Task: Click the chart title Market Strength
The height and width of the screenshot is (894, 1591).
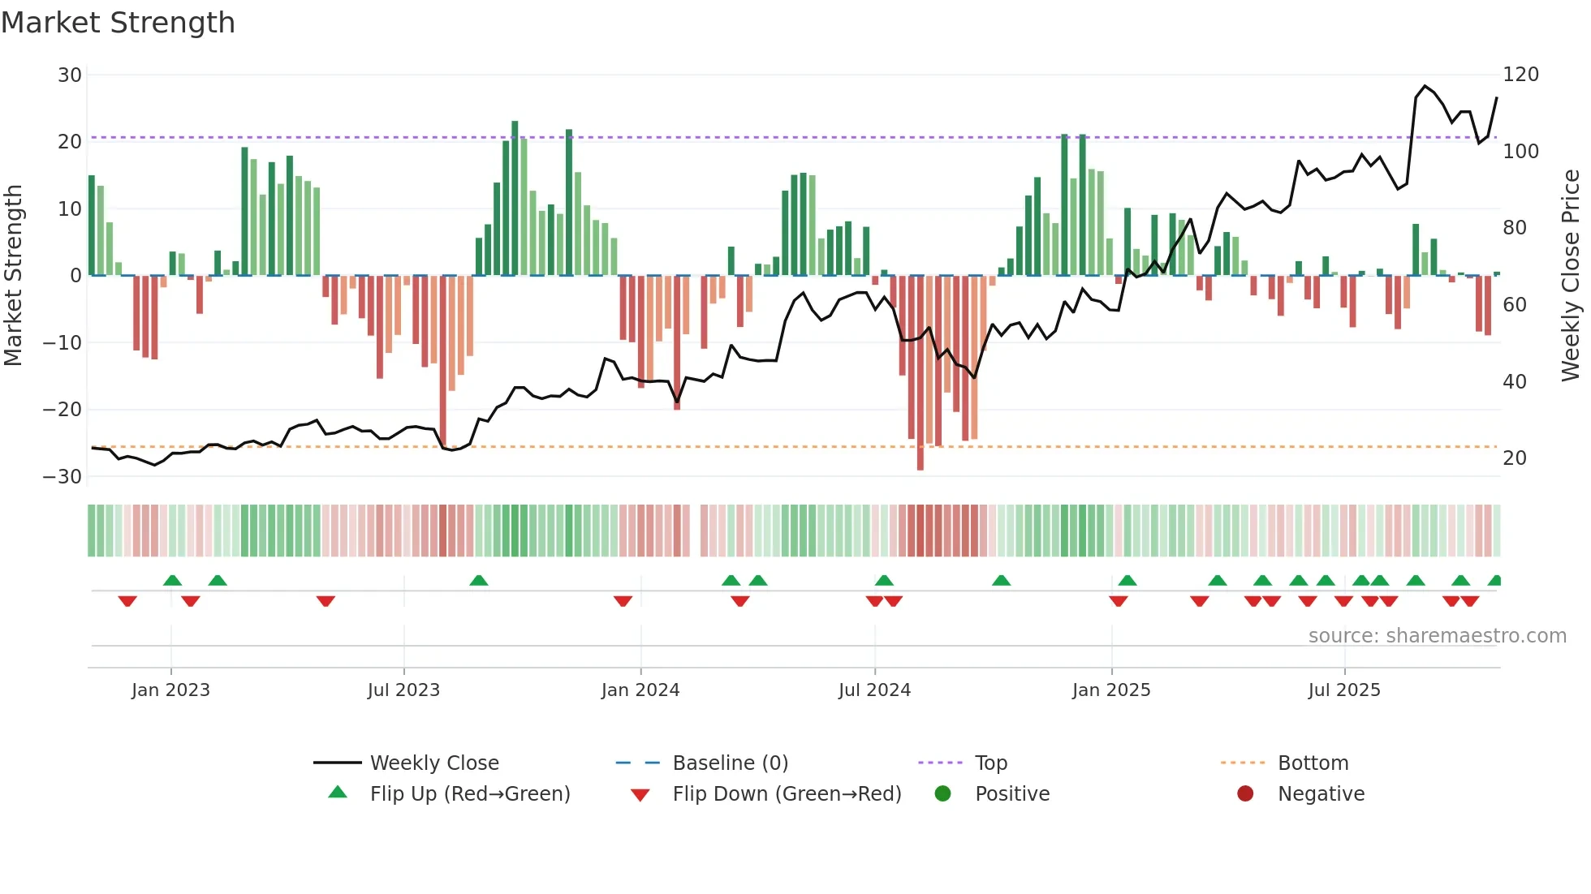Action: tap(118, 23)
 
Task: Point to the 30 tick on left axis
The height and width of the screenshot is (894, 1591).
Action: tap(70, 75)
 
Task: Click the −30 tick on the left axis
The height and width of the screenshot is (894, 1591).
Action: tap(63, 477)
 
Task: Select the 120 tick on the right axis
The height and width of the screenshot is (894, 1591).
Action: tap(1520, 75)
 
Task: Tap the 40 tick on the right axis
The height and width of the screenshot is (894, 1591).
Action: tap(1514, 381)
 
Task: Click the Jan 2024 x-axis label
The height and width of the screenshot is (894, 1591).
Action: tap(640, 690)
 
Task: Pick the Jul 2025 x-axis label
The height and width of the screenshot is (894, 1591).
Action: tap(1343, 690)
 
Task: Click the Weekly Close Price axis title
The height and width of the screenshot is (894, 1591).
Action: tap(1571, 276)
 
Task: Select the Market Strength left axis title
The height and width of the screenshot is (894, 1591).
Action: tap(14, 276)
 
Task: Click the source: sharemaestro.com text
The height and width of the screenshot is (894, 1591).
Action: tap(1437, 636)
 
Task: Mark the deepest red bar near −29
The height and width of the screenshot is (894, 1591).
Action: tap(920, 373)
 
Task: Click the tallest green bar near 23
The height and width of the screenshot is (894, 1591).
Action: tap(515, 199)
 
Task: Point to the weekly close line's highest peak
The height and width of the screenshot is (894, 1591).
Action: tap(1425, 86)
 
